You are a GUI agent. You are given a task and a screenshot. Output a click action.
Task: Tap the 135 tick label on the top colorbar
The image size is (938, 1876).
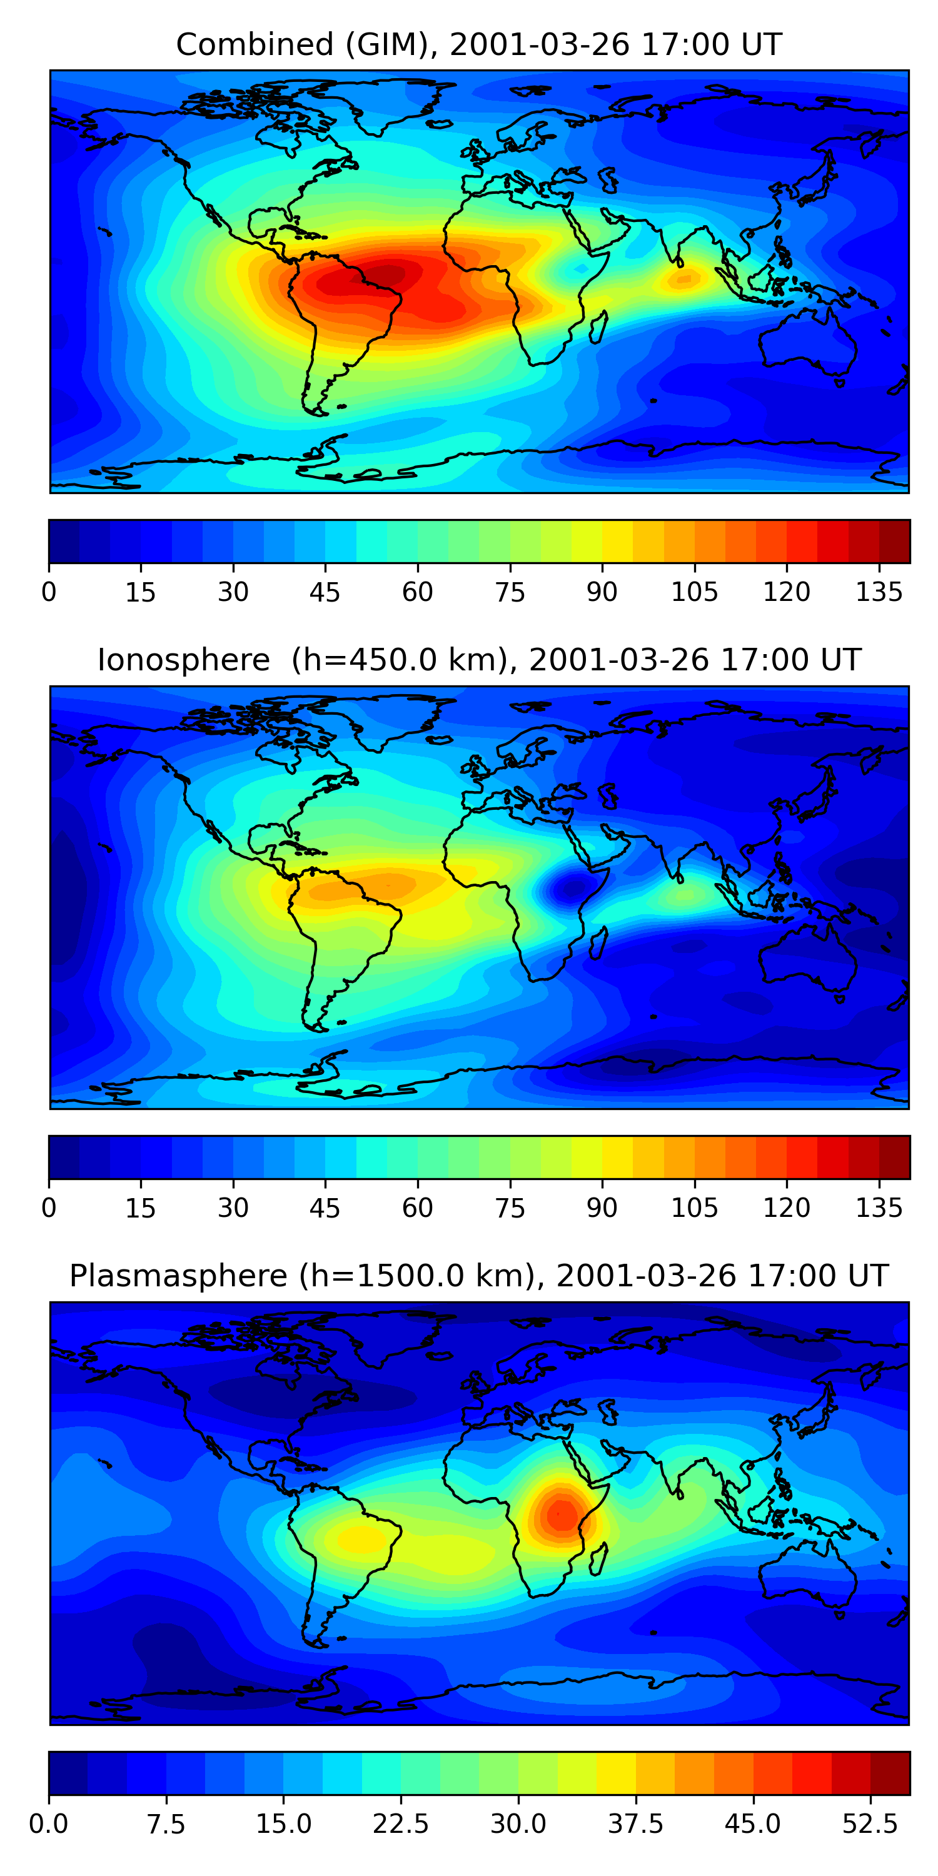pos(879,592)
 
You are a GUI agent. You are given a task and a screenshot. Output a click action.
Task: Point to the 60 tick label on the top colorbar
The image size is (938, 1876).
pos(417,592)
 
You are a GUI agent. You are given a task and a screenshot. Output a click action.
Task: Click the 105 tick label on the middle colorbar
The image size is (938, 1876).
pos(694,1208)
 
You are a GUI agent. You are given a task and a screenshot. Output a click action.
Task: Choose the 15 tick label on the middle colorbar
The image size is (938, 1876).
pos(141,1208)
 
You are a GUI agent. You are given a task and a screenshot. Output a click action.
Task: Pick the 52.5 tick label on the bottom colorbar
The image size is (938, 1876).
pos(870,1824)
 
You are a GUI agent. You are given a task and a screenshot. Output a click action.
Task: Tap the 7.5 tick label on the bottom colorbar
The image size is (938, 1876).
pos(166,1824)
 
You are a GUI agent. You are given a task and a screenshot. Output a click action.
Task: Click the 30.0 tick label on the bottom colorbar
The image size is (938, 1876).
pos(518,1824)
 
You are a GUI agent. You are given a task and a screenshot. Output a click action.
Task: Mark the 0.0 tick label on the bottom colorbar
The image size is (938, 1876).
pos(49,1824)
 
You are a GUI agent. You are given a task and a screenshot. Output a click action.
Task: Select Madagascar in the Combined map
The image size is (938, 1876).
pos(598,327)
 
